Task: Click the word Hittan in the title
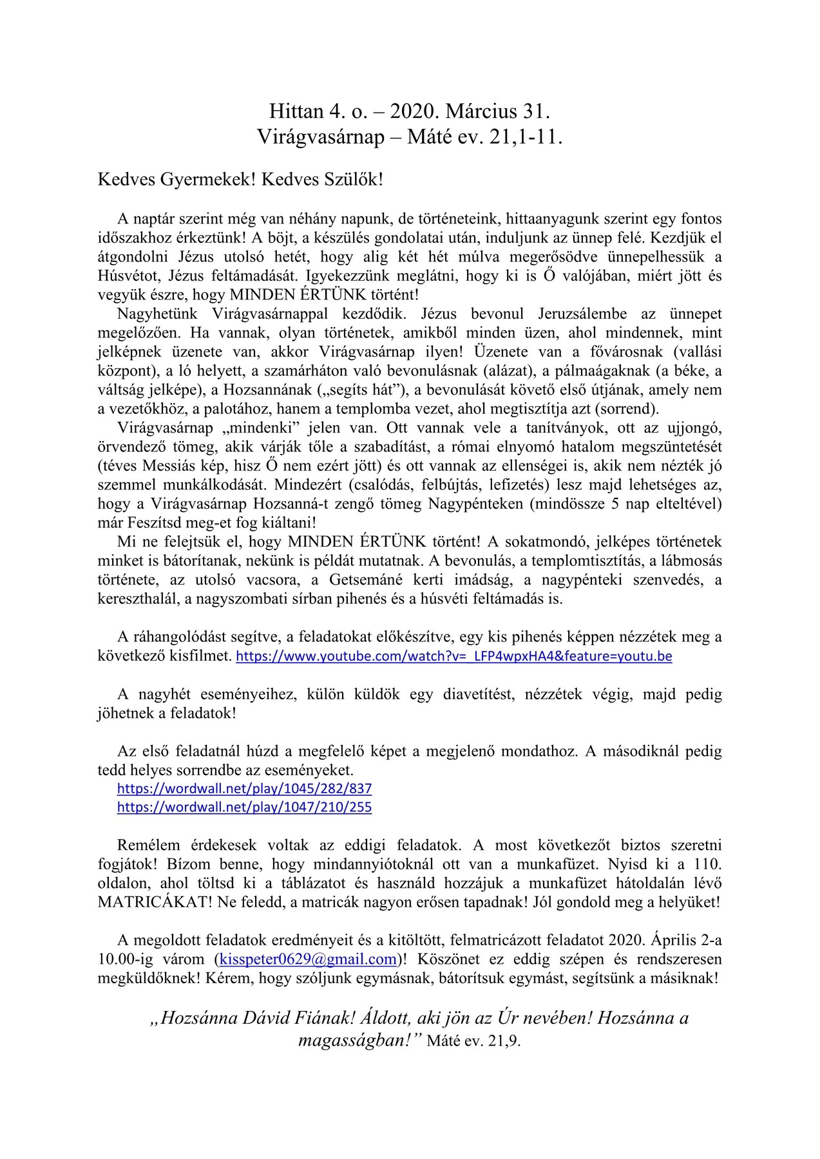point(296,112)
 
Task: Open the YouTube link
point(453,656)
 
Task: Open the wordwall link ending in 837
point(244,788)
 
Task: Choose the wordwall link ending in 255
point(244,807)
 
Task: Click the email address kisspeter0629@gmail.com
point(308,959)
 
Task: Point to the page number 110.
point(708,864)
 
